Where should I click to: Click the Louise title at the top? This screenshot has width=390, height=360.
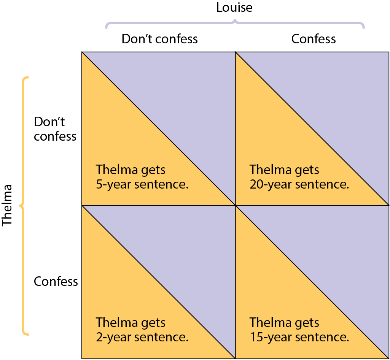pyautogui.click(x=234, y=7)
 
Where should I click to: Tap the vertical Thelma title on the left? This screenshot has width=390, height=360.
pyautogui.click(x=7, y=205)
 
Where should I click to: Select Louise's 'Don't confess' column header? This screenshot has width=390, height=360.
pyautogui.click(x=160, y=39)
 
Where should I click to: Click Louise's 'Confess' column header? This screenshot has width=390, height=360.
pyautogui.click(x=314, y=39)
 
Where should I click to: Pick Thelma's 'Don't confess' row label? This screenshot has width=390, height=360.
pyautogui.click(x=55, y=129)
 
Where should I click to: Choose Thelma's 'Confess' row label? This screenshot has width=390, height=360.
pyautogui.click(x=56, y=281)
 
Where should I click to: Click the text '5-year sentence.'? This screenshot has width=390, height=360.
pyautogui.click(x=142, y=184)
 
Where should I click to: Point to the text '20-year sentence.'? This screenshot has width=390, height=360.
pyautogui.click(x=299, y=184)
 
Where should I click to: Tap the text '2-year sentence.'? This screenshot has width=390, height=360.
pyautogui.click(x=142, y=337)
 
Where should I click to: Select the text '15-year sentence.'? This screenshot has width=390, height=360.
pyautogui.click(x=299, y=337)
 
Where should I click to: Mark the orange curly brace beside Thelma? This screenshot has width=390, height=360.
pyautogui.click(x=23, y=206)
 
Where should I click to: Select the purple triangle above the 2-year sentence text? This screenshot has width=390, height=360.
pyautogui.click(x=184, y=257)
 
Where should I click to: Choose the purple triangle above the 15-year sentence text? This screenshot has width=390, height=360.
pyautogui.click(x=338, y=257)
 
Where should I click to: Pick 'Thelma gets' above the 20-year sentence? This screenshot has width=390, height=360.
pyautogui.click(x=284, y=170)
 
